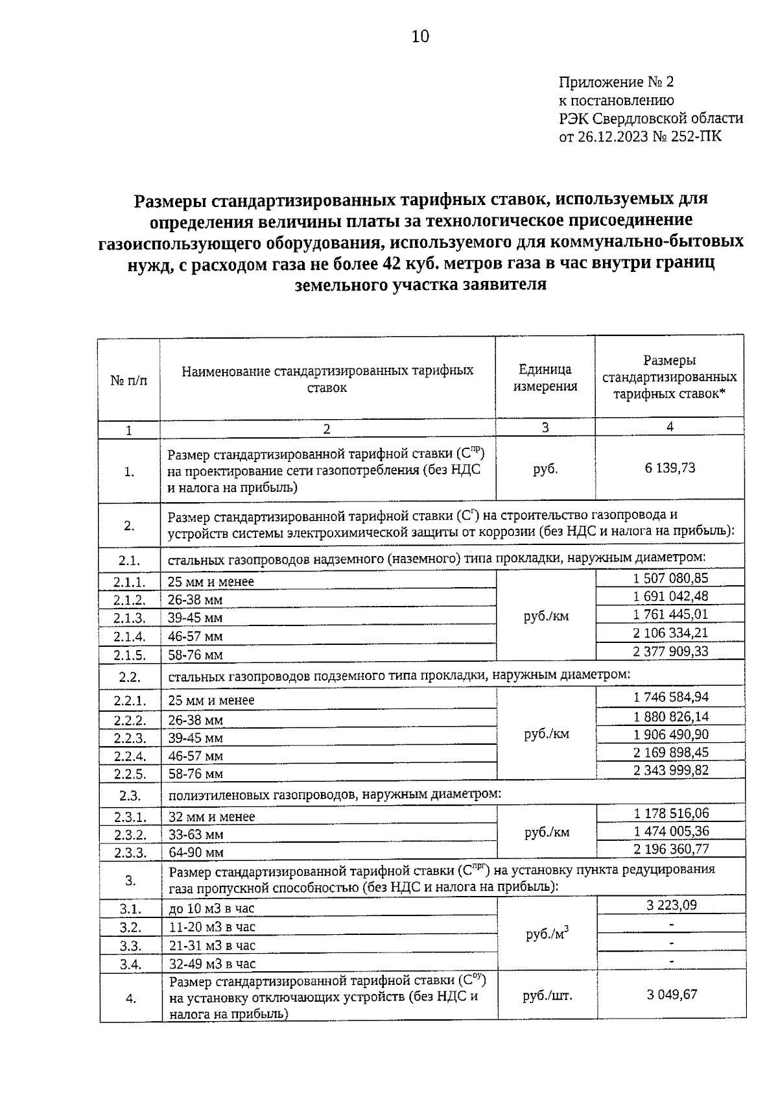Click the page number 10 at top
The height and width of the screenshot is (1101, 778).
(420, 36)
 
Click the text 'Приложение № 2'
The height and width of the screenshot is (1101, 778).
(616, 82)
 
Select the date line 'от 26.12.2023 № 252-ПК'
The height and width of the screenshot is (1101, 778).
(639, 137)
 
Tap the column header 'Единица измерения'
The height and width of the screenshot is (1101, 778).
(545, 378)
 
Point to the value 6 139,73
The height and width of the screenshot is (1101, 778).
(670, 468)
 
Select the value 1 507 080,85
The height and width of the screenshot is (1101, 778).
(670, 578)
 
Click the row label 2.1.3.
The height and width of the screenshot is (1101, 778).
(129, 618)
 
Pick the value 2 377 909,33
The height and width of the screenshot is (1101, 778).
(670, 651)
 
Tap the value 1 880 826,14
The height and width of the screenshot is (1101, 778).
(670, 716)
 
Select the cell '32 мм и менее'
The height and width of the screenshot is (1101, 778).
(211, 817)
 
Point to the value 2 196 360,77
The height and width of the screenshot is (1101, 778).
(670, 849)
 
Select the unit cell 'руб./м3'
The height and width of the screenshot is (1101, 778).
(547, 934)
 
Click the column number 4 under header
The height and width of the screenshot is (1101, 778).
(669, 426)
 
